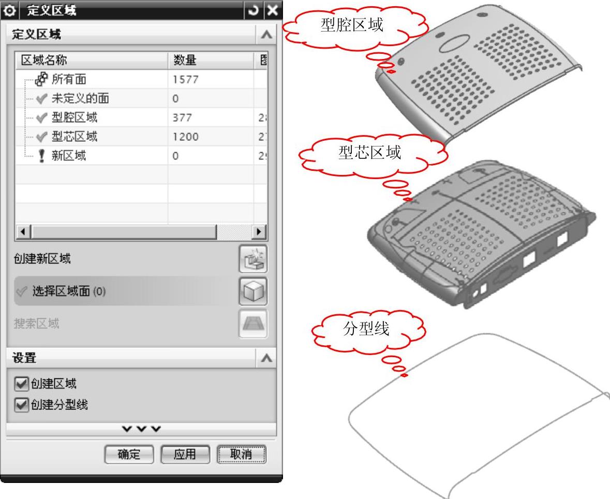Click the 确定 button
coord(129,454)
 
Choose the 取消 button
coord(241,454)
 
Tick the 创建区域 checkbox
coord(21,384)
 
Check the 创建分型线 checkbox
coord(21,405)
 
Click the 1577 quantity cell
coord(186,79)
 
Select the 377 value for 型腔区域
coord(182,118)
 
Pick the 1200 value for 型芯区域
coord(186,137)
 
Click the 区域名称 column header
coord(44,60)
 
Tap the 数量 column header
coord(185,60)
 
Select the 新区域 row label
coord(68,156)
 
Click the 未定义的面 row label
coord(80,98)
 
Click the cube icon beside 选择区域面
coord(253,291)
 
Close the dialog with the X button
coord(273,10)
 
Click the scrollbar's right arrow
coord(259,231)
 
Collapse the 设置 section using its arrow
coord(266,358)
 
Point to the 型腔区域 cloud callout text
coord(352,25)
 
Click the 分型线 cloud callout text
coord(366,329)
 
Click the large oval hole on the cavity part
coord(454,43)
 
